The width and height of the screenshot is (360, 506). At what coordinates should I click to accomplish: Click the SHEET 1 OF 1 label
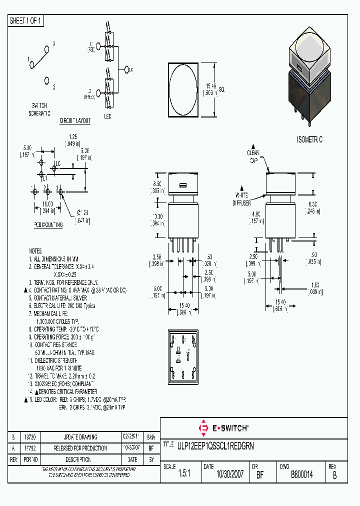pyautogui.click(x=26, y=20)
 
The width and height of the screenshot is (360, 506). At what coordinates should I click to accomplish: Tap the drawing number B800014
pyautogui.click(x=301, y=475)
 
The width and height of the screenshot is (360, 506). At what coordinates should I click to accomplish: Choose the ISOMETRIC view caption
pyautogui.click(x=309, y=140)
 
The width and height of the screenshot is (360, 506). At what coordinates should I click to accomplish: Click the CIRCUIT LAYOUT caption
pyautogui.click(x=75, y=121)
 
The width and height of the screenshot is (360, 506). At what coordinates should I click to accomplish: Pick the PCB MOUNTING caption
pyautogui.click(x=48, y=225)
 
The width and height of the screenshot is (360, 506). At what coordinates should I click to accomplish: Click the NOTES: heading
pyautogui.click(x=36, y=251)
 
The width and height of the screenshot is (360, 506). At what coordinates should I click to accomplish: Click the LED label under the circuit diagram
pyautogui.click(x=107, y=116)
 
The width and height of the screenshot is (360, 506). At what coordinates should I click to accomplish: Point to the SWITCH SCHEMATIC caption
pyautogui.click(x=39, y=109)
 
